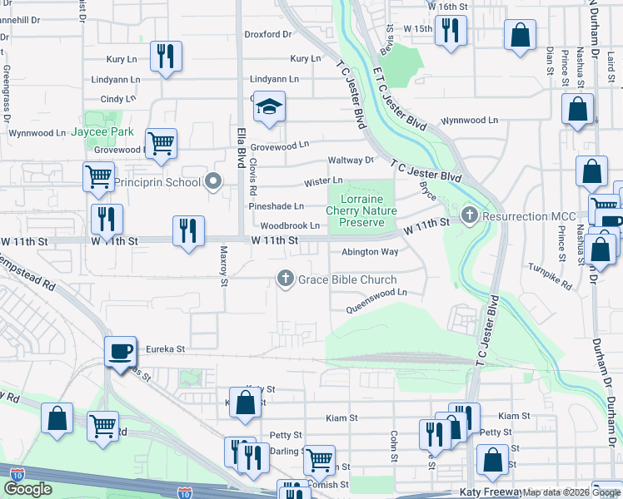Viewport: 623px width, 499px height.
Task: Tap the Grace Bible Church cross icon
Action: [x=286, y=279]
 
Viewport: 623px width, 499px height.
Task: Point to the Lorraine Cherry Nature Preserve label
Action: [x=361, y=211]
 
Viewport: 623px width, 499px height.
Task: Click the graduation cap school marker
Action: [x=269, y=107]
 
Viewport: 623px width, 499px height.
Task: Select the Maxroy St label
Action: [x=223, y=265]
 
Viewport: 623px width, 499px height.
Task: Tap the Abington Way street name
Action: [x=370, y=252]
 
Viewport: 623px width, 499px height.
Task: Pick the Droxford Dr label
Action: [x=268, y=35]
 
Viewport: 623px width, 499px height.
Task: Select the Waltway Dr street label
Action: [x=351, y=160]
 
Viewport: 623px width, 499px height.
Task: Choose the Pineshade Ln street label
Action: [x=276, y=205]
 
